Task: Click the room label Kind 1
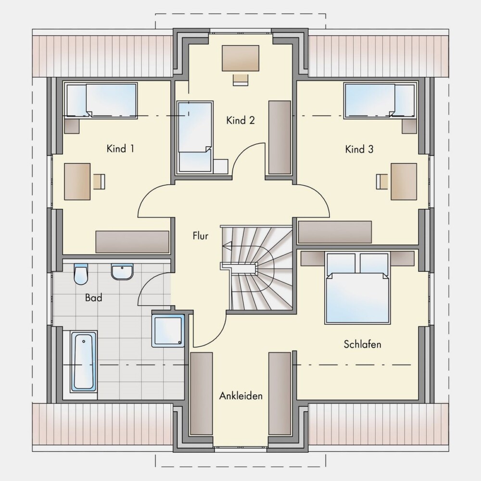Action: point(120,149)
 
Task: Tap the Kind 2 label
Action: point(240,120)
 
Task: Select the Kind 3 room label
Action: point(359,150)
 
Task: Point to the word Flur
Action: point(200,236)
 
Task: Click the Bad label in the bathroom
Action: point(94,298)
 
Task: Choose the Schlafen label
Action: point(362,344)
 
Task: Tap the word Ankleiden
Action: point(241,396)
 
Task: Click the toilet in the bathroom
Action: point(81,274)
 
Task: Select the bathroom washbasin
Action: point(122,272)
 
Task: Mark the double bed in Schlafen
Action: point(358,288)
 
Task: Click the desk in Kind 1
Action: point(77,182)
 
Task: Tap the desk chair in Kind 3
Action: point(382,181)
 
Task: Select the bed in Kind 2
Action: point(195,137)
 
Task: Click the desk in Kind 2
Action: point(240,58)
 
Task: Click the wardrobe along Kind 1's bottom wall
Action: point(133,242)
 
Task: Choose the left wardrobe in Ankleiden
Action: point(202,393)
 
